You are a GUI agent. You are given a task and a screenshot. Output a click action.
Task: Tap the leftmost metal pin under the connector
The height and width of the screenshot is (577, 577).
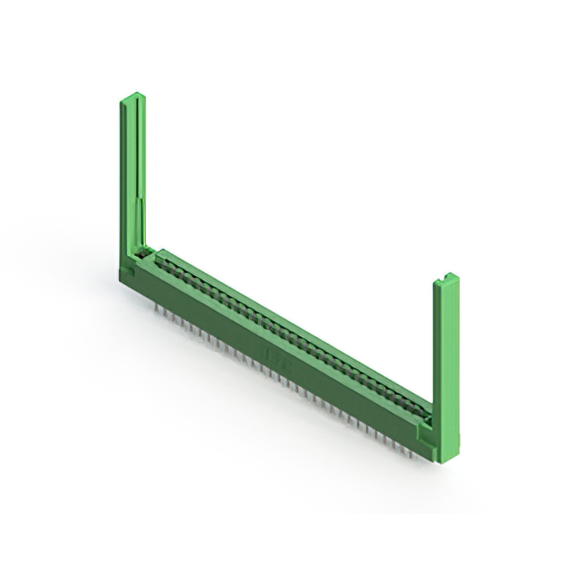[155, 306]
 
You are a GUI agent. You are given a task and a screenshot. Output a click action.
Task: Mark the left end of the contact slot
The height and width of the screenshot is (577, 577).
[160, 258]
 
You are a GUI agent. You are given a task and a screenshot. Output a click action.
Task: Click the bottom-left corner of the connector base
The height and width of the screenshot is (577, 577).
[124, 284]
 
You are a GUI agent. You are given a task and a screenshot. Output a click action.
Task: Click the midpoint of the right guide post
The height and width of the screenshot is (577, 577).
[444, 370]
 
